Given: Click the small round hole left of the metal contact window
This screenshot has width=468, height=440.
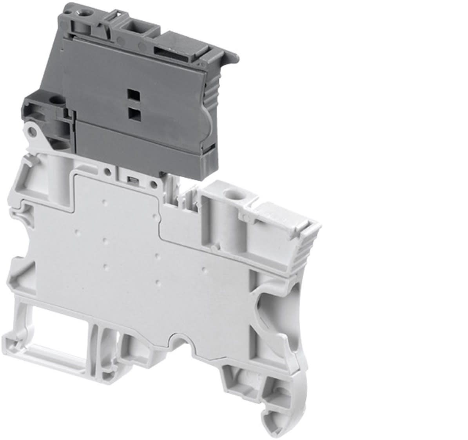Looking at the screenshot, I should coord(107,171).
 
